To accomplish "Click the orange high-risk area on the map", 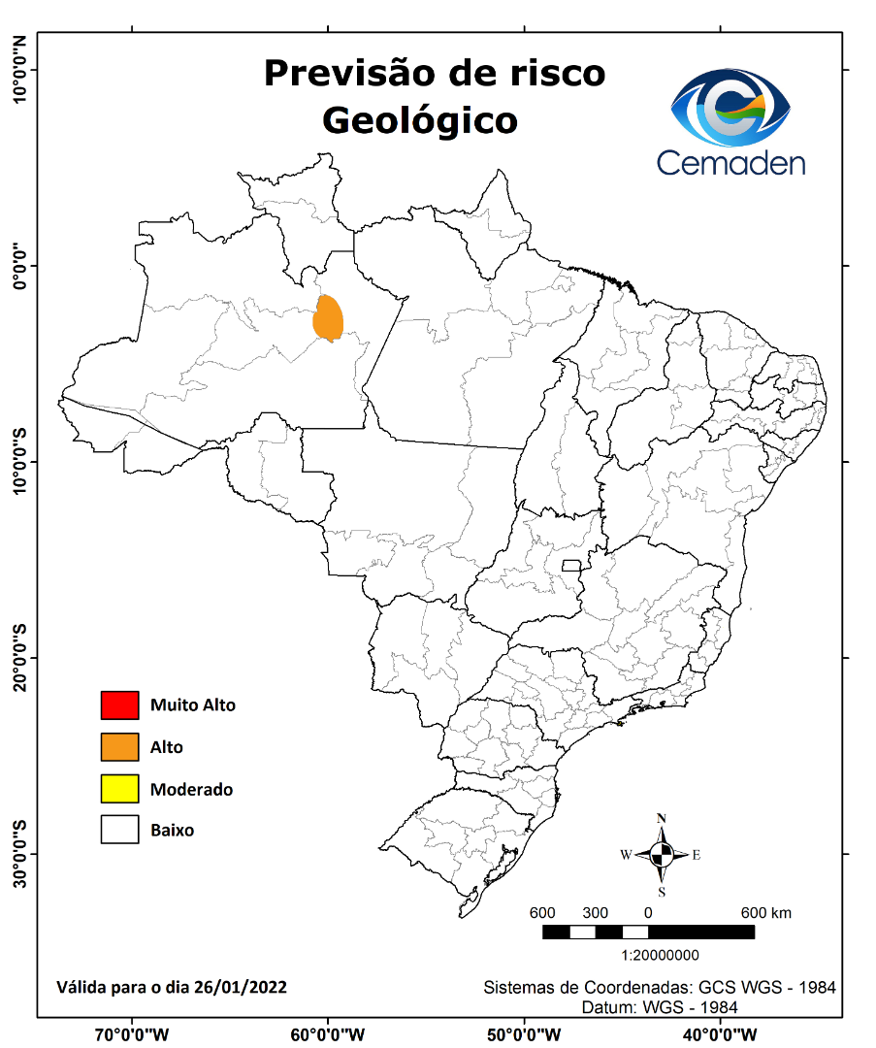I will click(x=330, y=318).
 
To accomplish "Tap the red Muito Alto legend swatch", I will click(x=119, y=705).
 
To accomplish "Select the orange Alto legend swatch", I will click(x=119, y=747).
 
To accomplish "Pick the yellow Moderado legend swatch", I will click(x=119, y=789).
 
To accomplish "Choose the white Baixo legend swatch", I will click(x=119, y=830).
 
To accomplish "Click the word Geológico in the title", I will click(x=419, y=120).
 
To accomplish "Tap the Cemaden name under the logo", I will click(x=730, y=162).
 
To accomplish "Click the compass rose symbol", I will click(x=662, y=855).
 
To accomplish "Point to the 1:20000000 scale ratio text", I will click(x=647, y=955).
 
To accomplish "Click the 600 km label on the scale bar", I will click(x=765, y=913).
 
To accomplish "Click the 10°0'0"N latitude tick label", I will click(x=19, y=70).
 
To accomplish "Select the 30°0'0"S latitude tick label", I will click(x=19, y=854).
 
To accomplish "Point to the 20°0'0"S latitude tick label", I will click(x=19, y=658).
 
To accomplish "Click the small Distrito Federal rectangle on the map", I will click(x=571, y=565).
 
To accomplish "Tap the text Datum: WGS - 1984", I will click(x=660, y=1007).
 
